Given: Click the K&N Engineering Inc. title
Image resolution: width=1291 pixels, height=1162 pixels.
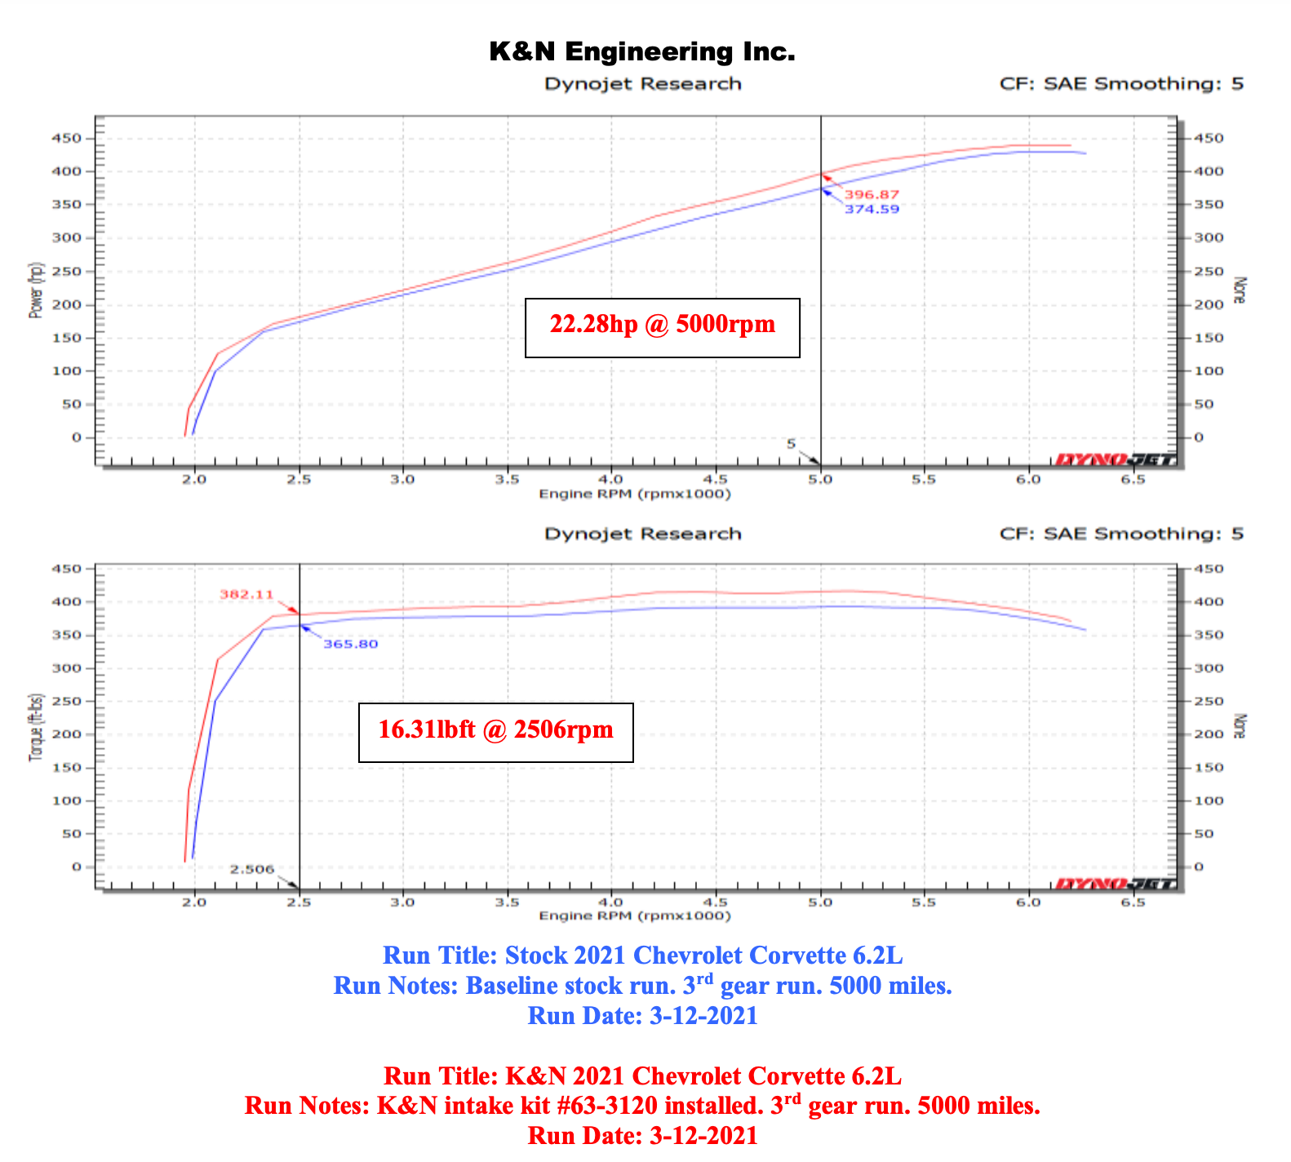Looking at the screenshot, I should coord(642,52).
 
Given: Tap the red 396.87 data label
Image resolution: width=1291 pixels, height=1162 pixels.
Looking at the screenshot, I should coord(872,194).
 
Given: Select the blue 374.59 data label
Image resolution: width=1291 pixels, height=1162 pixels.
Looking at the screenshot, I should coord(872,209).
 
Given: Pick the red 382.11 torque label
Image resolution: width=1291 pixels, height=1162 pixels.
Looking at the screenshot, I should coord(246,595).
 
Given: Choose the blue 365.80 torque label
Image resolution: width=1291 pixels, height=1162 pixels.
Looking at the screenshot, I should coord(351,644).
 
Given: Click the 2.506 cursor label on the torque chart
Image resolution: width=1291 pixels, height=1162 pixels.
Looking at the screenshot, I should coord(252,869).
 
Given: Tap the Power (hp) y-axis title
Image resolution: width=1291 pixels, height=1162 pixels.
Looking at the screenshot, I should coord(35,290).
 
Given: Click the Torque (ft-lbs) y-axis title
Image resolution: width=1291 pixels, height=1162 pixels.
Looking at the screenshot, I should coord(35,727).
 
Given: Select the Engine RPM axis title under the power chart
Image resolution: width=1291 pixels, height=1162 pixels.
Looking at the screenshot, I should coord(635,495).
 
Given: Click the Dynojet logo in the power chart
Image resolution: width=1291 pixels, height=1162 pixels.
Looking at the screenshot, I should coord(1115,459).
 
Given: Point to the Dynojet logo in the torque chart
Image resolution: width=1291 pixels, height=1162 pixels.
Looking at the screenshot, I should coord(1115,884).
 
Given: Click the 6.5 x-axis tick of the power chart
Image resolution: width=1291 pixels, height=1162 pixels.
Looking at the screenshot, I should coord(1133,480).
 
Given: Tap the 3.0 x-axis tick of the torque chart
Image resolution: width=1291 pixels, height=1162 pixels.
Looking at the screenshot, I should coord(402,903).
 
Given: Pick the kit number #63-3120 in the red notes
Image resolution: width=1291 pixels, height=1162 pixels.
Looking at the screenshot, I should coord(712,1107).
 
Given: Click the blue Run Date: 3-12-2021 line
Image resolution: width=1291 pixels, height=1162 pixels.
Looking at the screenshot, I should coord(642,1016).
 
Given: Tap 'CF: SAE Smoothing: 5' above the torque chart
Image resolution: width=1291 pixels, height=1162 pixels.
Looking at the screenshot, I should coord(1121,534).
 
